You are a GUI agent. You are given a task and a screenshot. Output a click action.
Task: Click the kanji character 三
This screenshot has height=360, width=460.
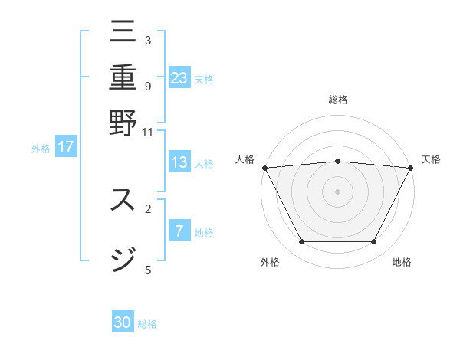click(x=123, y=31)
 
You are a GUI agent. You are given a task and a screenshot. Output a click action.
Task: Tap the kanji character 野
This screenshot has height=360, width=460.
click(x=123, y=123)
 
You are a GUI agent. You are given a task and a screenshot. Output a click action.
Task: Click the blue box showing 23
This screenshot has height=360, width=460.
click(x=179, y=77)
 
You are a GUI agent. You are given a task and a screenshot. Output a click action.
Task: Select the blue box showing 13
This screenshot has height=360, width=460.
click(x=179, y=162)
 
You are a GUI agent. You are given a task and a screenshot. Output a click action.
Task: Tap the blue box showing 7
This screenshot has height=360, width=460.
click(x=179, y=231)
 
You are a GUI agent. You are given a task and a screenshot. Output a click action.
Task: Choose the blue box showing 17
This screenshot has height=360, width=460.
click(x=65, y=147)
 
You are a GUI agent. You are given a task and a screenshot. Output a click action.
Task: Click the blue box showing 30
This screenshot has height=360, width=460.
click(x=123, y=322)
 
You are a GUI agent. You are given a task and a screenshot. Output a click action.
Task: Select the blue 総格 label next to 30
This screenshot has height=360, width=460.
click(x=147, y=324)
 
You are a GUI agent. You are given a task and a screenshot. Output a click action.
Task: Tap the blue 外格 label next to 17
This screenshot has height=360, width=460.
click(x=40, y=149)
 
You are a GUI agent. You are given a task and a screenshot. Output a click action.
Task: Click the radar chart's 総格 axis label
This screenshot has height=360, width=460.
click(x=337, y=100)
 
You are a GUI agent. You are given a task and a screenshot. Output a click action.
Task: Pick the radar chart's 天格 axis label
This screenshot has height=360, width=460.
click(x=431, y=159)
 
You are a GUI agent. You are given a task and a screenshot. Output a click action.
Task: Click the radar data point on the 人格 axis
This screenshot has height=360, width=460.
click(x=264, y=168)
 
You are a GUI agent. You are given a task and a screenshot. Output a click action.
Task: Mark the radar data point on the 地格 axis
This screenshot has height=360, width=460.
click(x=374, y=242)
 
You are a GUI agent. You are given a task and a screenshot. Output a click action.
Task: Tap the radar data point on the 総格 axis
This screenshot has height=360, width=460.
click(x=337, y=161)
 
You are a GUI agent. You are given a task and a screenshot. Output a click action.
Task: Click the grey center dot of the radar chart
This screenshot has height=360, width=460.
click(x=337, y=191)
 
